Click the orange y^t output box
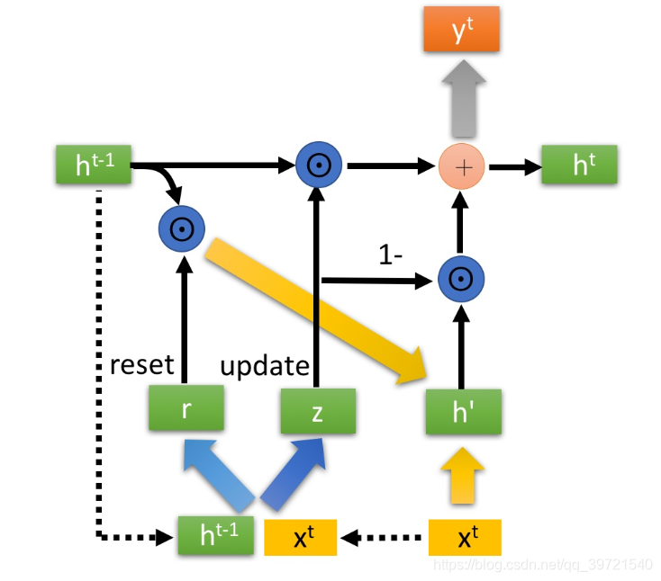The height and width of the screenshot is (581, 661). click(461, 29)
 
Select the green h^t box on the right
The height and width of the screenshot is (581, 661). click(579, 165)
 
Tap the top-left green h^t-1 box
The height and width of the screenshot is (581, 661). click(94, 165)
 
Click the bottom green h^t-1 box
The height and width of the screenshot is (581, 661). click(215, 538)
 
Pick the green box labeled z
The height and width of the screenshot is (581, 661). click(317, 411)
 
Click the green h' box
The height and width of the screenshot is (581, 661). click(463, 412)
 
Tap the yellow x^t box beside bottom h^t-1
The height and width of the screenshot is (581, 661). click(301, 538)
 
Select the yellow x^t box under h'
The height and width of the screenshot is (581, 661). click(463, 538)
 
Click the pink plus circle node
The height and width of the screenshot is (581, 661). click(461, 165)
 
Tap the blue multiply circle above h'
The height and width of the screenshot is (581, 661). click(461, 280)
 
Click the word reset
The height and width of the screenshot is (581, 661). click(140, 365)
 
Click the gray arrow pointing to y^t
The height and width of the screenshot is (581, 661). click(461, 94)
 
